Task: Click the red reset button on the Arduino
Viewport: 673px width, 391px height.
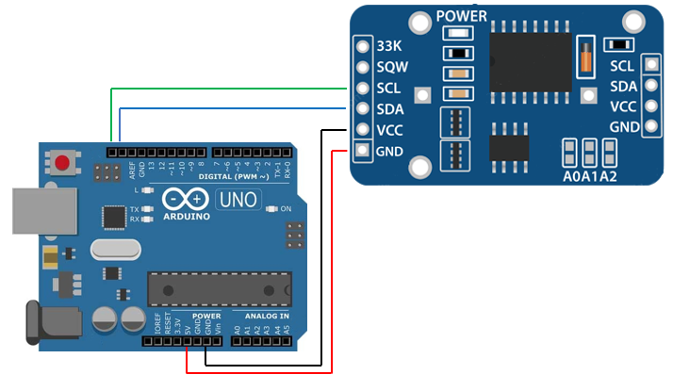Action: [62, 163]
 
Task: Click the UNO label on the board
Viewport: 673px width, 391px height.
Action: [238, 200]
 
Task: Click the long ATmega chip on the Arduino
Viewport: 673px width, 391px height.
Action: [218, 288]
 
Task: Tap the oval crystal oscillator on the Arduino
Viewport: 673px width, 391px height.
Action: [115, 250]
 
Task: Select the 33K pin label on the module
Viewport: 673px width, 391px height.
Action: [389, 46]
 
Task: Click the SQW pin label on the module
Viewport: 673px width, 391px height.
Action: [391, 67]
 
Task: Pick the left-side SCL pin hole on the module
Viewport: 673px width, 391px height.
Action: [362, 89]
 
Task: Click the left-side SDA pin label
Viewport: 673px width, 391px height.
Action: [390, 109]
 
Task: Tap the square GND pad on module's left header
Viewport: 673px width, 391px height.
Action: [362, 151]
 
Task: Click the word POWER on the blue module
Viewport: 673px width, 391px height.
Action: [462, 16]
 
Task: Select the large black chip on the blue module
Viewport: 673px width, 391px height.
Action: [530, 62]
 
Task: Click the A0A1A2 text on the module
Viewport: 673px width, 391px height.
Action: [591, 176]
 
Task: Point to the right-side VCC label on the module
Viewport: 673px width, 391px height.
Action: [622, 106]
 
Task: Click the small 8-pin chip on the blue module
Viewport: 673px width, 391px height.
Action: [508, 147]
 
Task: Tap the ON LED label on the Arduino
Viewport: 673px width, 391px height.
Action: [286, 208]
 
